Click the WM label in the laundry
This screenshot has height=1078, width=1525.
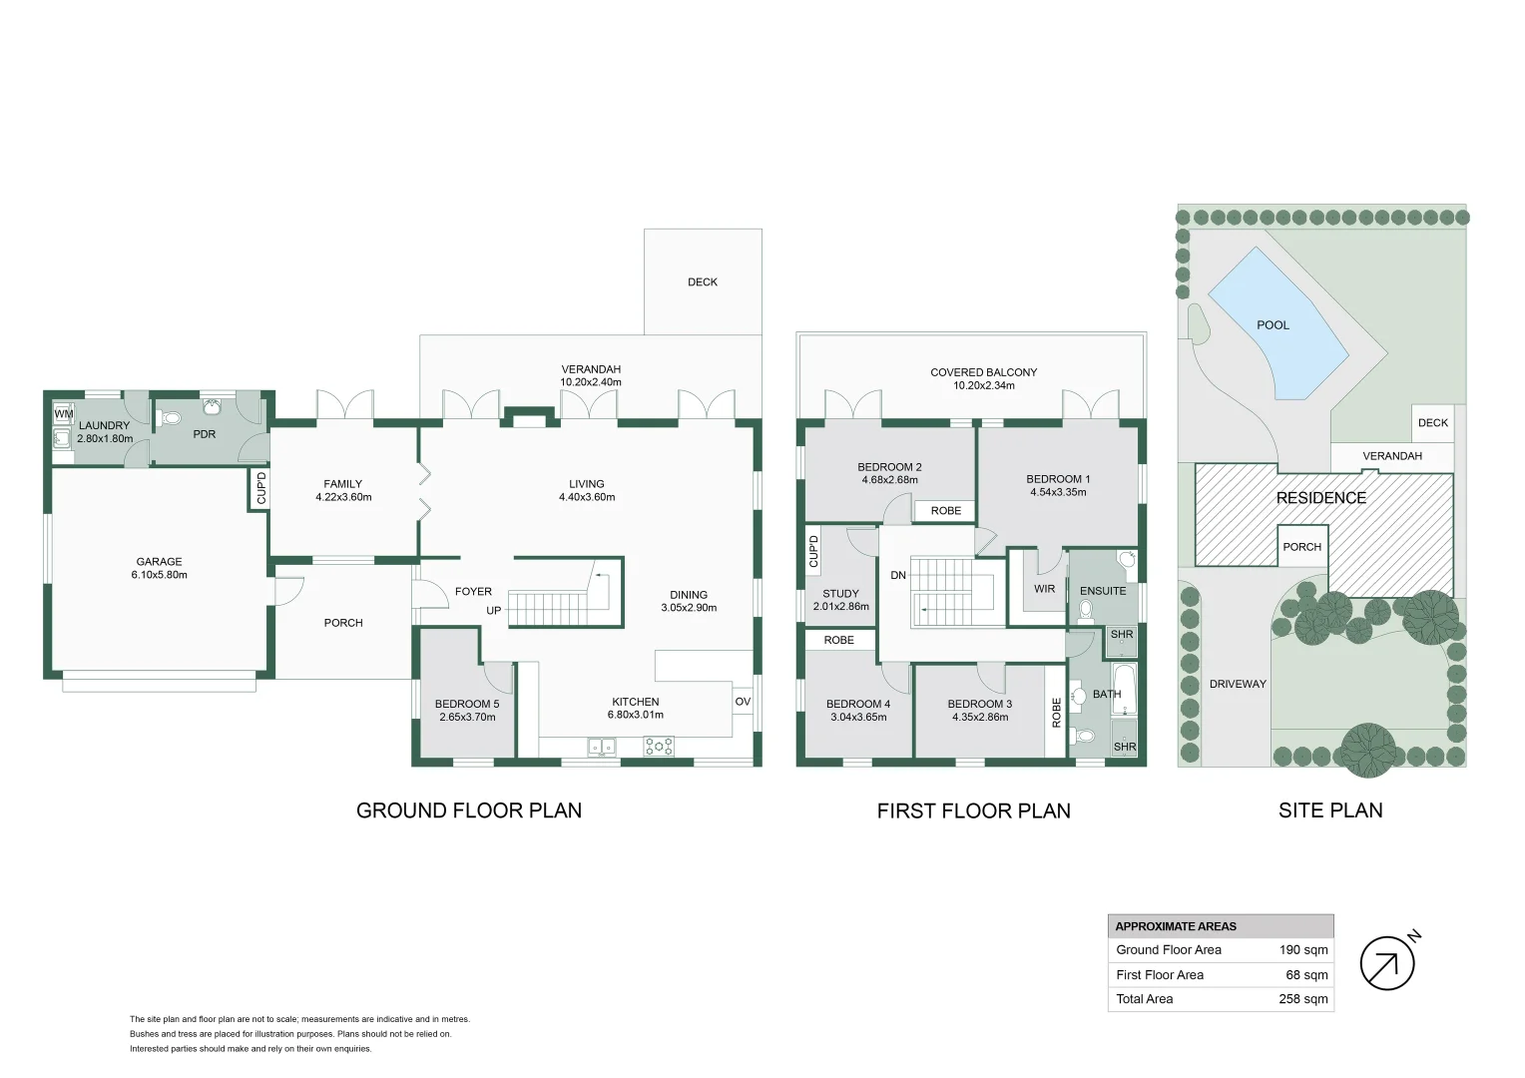click(63, 413)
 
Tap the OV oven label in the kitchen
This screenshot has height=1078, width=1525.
click(743, 702)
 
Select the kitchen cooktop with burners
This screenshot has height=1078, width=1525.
click(659, 746)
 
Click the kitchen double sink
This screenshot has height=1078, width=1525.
click(602, 746)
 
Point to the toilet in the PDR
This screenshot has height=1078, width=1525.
click(171, 418)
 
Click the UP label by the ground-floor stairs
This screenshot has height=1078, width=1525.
click(493, 611)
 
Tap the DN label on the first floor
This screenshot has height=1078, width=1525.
click(898, 575)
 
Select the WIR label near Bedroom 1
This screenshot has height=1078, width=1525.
click(1044, 589)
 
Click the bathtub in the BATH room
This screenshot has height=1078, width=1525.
click(1125, 689)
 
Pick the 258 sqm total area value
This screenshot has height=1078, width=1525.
click(1302, 999)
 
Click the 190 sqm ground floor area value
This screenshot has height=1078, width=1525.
click(1302, 950)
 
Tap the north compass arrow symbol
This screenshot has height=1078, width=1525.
click(1387, 963)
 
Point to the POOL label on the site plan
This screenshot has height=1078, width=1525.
click(1272, 325)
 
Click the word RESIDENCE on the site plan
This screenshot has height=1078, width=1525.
click(1320, 498)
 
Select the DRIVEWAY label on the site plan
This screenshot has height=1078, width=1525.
click(1237, 685)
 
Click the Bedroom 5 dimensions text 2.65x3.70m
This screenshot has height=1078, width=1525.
click(467, 717)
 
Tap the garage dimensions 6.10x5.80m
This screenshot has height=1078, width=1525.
click(160, 575)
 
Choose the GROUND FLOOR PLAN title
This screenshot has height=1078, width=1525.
click(469, 810)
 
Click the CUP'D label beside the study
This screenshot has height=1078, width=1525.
click(813, 551)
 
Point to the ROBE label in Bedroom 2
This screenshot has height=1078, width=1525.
click(945, 511)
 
